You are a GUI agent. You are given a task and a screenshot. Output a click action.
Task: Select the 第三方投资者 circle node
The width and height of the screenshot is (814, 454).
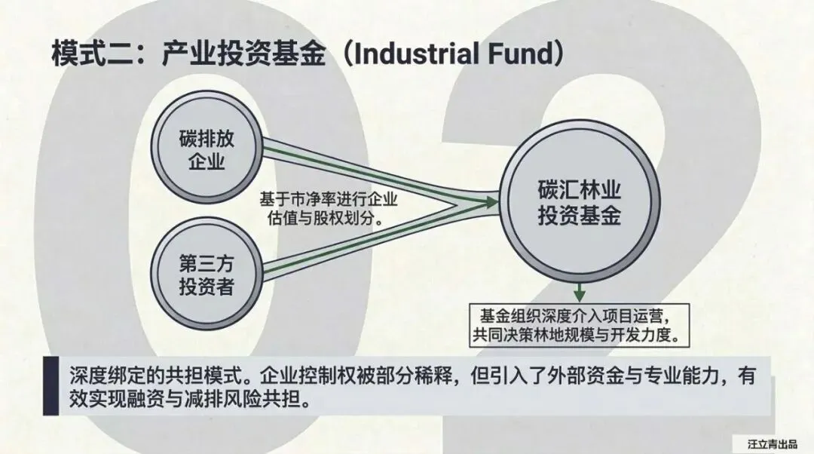tap(205, 277)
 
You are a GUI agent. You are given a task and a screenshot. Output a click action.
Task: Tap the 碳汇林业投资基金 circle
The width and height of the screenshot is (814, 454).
tap(579, 204)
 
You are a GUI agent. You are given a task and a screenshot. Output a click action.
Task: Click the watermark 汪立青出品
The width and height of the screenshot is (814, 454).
tap(772, 443)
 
